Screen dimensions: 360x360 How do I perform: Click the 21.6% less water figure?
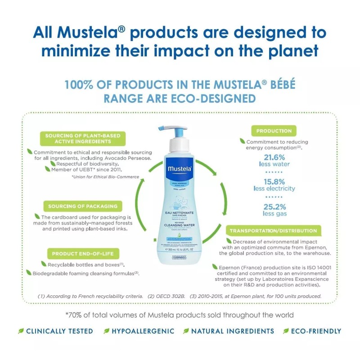274,160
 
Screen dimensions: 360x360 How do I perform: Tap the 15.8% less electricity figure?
274,185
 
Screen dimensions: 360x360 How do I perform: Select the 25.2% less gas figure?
274,210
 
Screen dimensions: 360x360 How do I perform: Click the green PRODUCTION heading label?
274,131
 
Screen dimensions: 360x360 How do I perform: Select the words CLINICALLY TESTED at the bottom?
59,331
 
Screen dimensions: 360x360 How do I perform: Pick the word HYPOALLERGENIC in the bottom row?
143,331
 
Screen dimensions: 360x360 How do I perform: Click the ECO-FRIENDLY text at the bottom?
316,331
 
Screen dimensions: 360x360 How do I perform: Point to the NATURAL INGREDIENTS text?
232,331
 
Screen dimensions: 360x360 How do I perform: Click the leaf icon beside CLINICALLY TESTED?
21,331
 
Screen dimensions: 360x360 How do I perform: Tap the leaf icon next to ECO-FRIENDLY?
286,331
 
